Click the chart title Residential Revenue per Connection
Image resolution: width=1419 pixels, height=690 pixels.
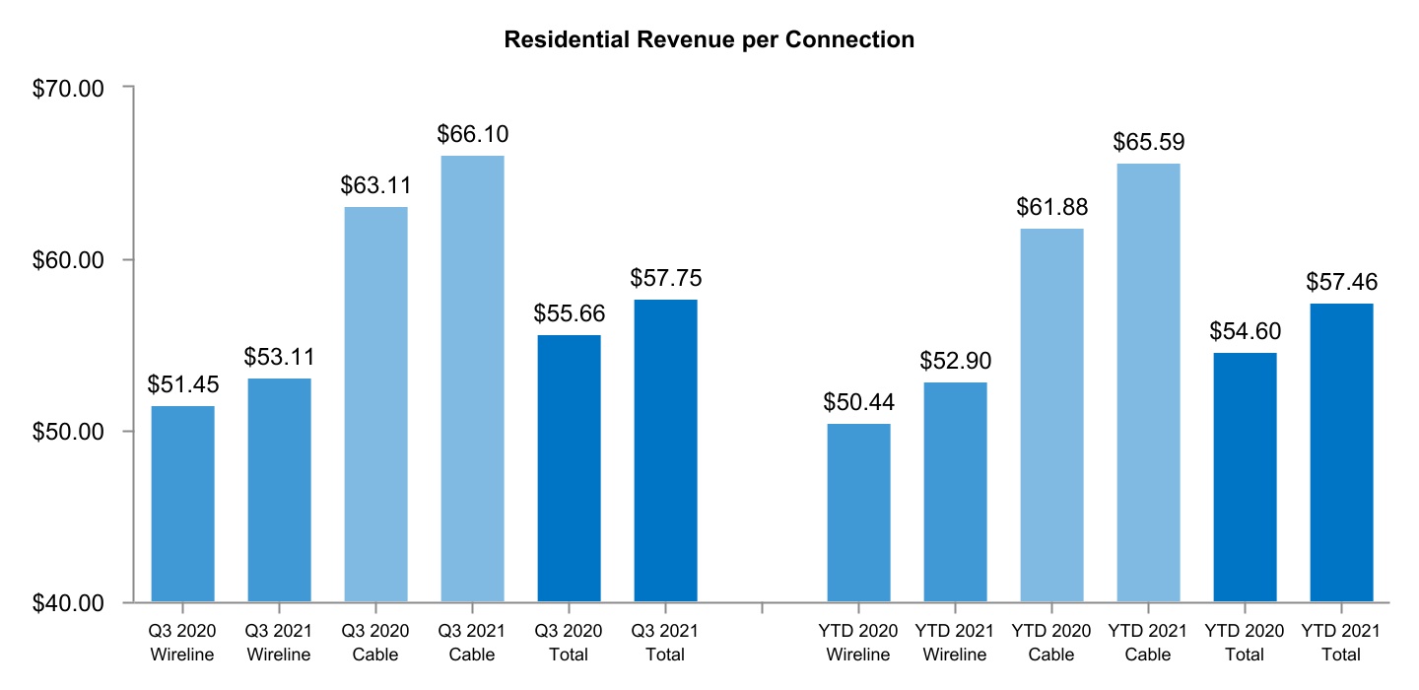[x=709, y=40]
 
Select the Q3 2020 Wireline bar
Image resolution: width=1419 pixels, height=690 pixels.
[x=182, y=504]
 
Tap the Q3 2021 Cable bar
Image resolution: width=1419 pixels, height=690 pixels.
[x=472, y=379]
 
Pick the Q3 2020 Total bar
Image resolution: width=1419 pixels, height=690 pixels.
[x=569, y=468]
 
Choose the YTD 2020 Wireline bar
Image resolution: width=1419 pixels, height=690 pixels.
[x=858, y=513]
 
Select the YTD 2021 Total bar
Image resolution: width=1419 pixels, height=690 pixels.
[x=1341, y=452]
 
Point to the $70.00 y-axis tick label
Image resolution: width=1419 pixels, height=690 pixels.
[x=69, y=88]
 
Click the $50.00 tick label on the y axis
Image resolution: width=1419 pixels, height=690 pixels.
[x=69, y=432]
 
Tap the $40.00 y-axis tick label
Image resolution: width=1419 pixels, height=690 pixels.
[x=69, y=602]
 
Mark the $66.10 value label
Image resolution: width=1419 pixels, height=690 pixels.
[x=472, y=134]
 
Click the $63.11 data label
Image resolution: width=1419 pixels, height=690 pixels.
[x=375, y=185]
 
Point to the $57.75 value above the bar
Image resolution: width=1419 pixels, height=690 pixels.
[x=665, y=278]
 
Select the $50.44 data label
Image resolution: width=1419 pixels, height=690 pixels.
[x=858, y=402]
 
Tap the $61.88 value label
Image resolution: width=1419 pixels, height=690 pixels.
[x=1051, y=207]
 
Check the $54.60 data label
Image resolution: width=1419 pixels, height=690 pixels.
[x=1245, y=331]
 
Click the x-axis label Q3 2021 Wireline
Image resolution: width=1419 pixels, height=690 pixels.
[x=279, y=643]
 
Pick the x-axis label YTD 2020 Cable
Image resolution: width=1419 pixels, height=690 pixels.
[x=1051, y=643]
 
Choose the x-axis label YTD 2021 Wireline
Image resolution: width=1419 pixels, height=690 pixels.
[x=955, y=643]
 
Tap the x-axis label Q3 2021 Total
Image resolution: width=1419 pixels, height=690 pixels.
[x=665, y=643]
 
